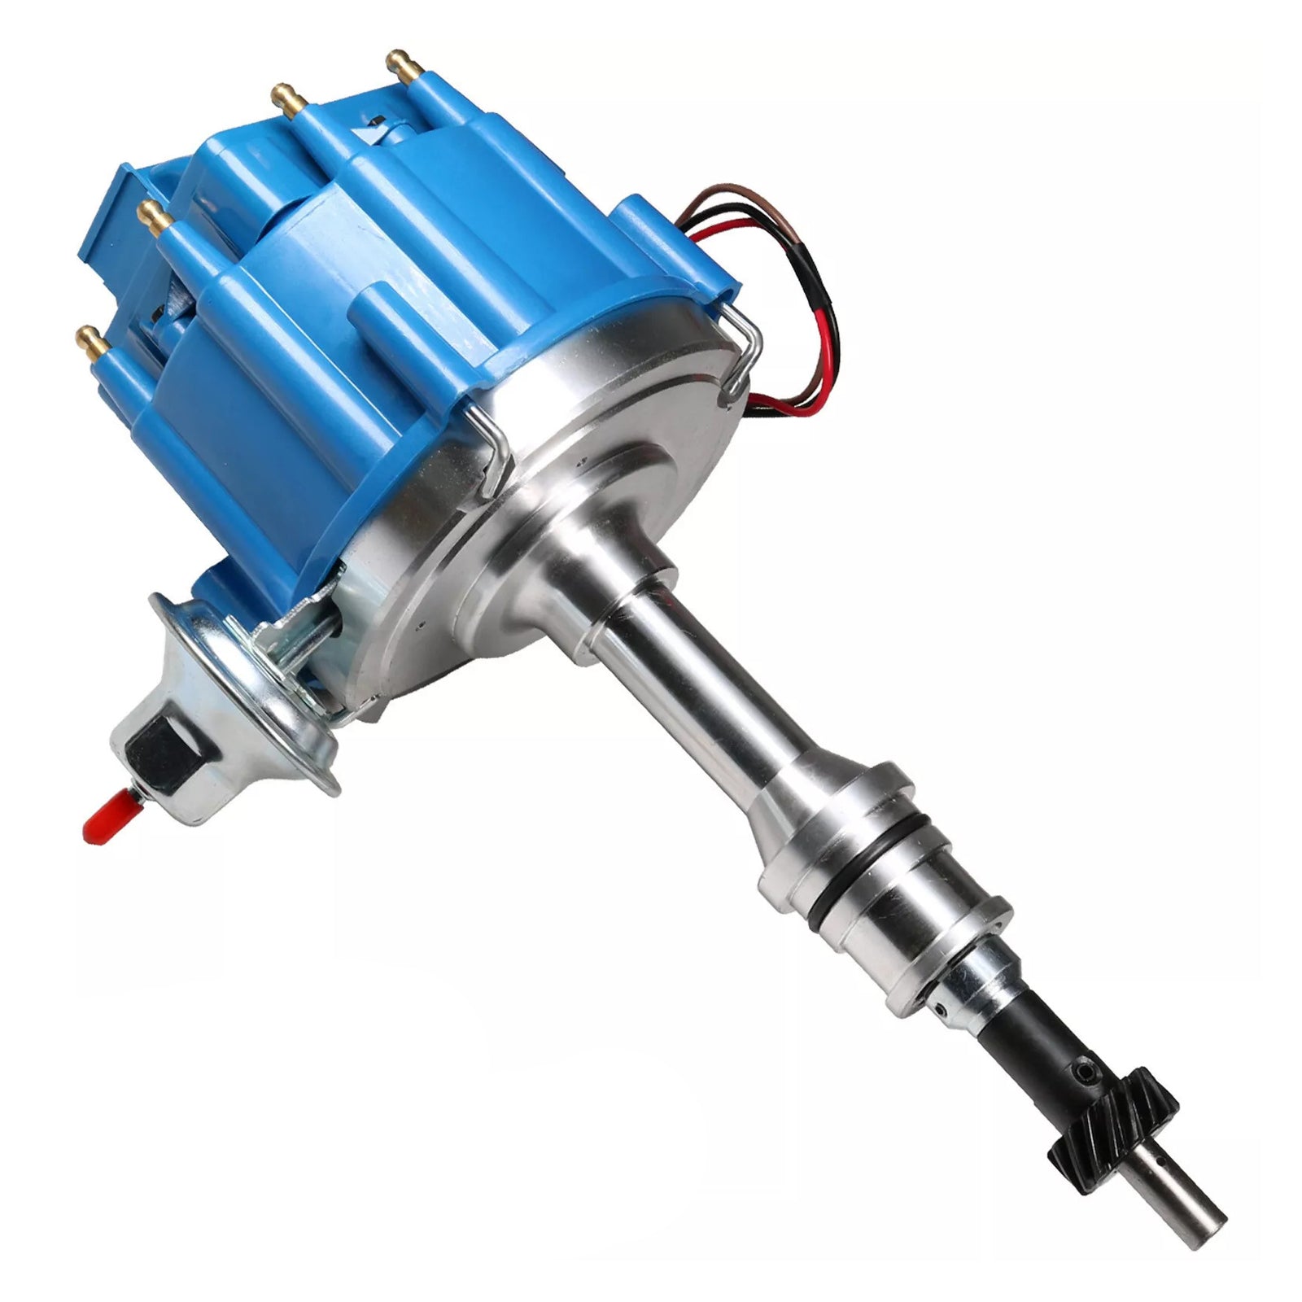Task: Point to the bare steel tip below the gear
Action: pyautogui.click(x=1184, y=1213)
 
